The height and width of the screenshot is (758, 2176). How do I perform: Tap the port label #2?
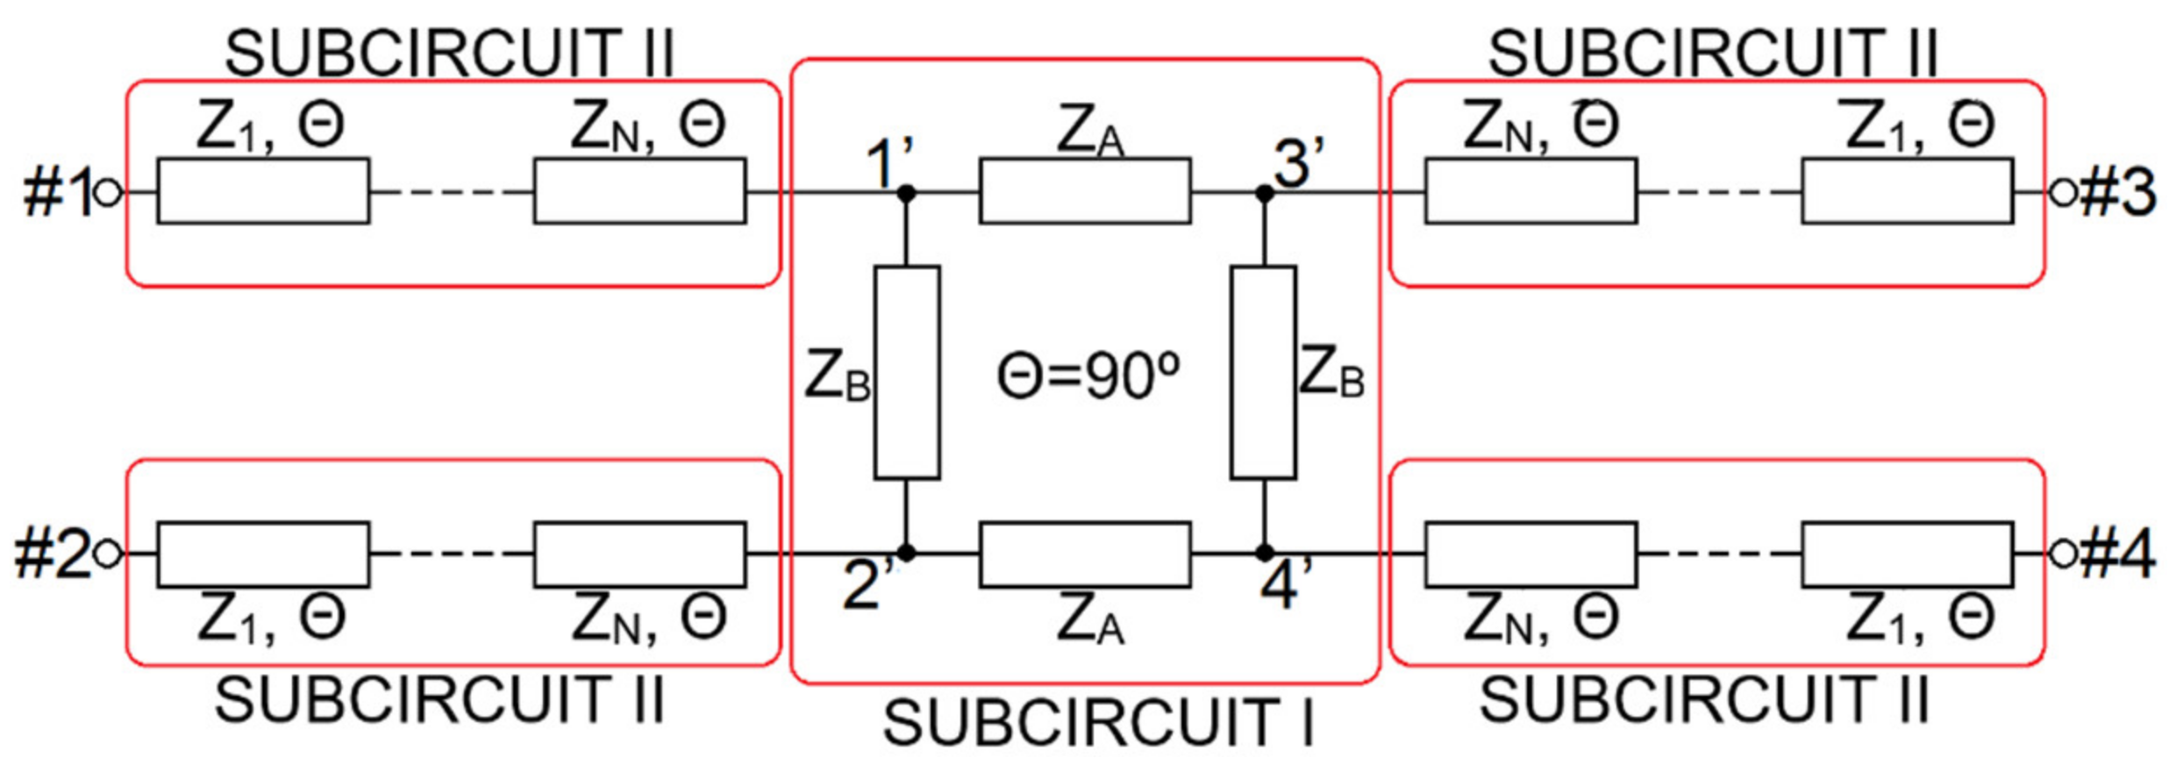pyautogui.click(x=51, y=555)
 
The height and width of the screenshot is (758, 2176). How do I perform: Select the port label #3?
pyautogui.click(x=2117, y=192)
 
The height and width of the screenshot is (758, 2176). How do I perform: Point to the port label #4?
pyautogui.click(x=2117, y=555)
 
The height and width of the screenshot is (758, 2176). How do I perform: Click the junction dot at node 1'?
pyautogui.click(x=907, y=193)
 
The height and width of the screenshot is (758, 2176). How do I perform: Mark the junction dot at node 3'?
pyautogui.click(x=1264, y=193)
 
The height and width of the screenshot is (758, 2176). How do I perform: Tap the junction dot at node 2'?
pyautogui.click(x=907, y=554)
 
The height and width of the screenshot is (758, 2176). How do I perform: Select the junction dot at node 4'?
pyautogui.click(x=1264, y=554)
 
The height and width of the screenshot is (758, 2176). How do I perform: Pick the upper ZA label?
pyautogui.click(x=1089, y=132)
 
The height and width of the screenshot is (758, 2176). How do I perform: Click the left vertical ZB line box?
pyautogui.click(x=907, y=373)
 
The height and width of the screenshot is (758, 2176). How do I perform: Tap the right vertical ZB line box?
pyautogui.click(x=1264, y=373)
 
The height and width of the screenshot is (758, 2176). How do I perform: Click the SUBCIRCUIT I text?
pyautogui.click(x=1098, y=724)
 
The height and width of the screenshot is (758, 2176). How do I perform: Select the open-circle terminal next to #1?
pyautogui.click(x=108, y=192)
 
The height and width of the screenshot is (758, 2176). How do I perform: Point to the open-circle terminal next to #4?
pyautogui.click(x=2063, y=554)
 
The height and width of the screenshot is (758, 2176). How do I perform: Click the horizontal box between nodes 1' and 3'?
pyautogui.click(x=1085, y=191)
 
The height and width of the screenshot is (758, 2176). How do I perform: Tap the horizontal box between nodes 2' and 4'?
pyautogui.click(x=1085, y=554)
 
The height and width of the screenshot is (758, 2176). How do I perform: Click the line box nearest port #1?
pyautogui.click(x=263, y=191)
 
